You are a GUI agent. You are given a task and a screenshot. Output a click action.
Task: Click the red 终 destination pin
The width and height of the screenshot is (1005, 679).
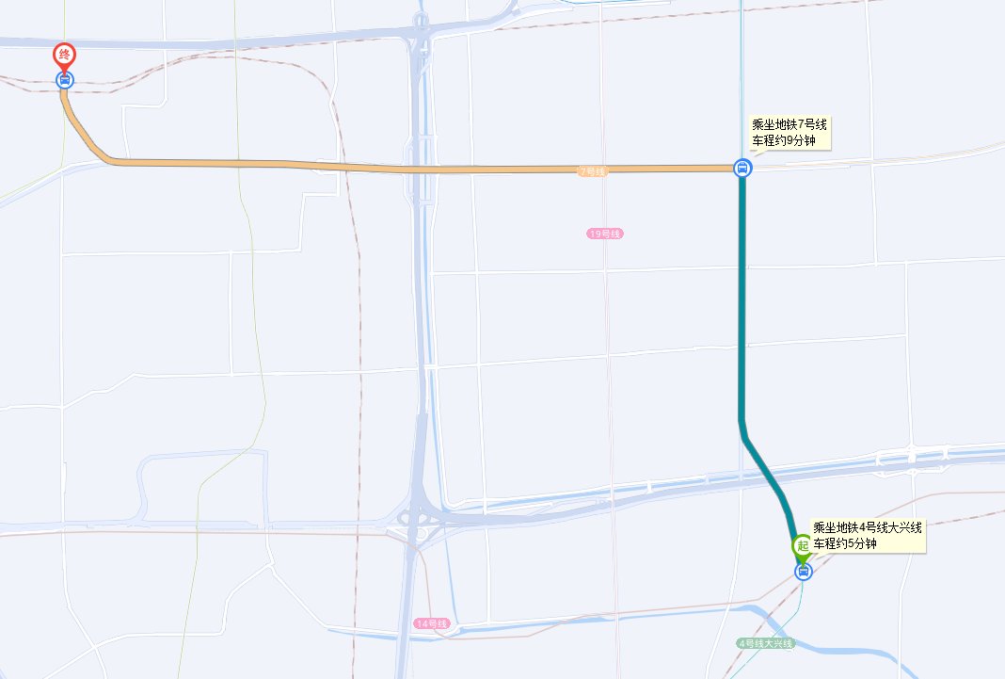[65, 55]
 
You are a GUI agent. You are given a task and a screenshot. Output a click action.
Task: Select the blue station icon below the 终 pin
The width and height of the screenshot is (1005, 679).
[65, 79]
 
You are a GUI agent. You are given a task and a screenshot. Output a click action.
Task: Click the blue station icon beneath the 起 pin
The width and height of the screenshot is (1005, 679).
[803, 571]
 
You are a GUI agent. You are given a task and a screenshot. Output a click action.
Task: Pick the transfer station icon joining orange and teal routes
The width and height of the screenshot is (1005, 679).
[742, 169]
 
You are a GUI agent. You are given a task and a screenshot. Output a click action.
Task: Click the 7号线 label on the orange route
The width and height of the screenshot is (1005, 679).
[592, 171]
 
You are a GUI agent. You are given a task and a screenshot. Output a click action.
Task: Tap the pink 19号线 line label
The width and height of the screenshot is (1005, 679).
[604, 234]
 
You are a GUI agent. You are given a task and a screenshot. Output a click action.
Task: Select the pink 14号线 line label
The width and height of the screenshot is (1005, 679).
[432, 624]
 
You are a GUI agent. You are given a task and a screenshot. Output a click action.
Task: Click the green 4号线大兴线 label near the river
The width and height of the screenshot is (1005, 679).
[765, 643]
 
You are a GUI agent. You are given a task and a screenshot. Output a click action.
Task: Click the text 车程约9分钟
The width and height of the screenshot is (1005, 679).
[783, 140]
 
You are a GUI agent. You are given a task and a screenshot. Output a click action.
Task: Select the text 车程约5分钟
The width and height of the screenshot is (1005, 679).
[844, 543]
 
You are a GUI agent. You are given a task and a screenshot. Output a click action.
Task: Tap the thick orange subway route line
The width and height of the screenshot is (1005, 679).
[423, 169]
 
